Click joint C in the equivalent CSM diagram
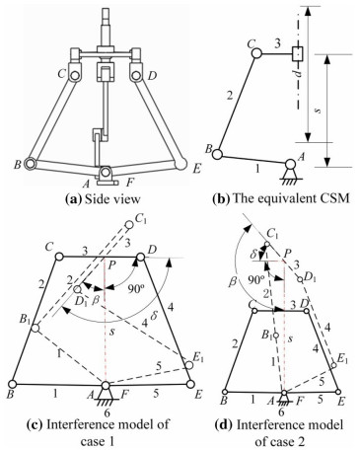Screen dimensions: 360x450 [256, 52]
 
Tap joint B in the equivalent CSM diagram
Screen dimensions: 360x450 [217, 154]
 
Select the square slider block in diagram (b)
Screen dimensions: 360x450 [297, 53]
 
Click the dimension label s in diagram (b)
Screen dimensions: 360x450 [318, 111]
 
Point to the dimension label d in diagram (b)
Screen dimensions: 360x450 [298, 73]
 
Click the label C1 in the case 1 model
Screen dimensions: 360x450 [140, 219]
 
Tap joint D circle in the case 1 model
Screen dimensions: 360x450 [141, 257]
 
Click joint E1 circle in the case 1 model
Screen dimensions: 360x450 [188, 365]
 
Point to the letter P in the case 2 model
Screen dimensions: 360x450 [288, 253]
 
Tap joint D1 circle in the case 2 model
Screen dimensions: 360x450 [300, 279]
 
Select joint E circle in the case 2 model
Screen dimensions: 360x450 [337, 392]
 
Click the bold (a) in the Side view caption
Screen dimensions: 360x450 [73, 198]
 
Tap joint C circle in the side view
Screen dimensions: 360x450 [75, 75]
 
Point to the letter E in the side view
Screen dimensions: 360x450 [196, 169]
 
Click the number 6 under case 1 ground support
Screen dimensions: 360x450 [107, 412]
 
